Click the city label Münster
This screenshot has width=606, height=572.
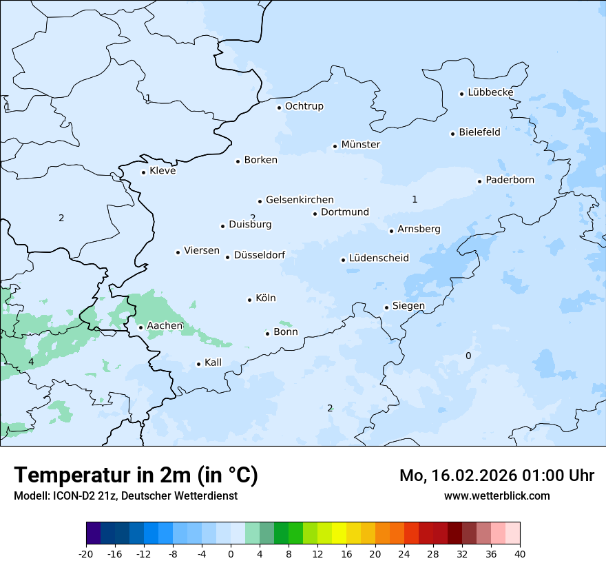click(360, 145)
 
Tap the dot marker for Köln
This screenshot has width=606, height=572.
click(249, 299)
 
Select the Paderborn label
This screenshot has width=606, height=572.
click(510, 180)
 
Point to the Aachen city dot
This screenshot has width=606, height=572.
click(140, 327)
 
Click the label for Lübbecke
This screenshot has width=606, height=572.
click(490, 92)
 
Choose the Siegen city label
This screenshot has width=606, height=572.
click(408, 306)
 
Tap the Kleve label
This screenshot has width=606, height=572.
click(163, 171)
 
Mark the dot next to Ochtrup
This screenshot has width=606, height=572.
click(279, 107)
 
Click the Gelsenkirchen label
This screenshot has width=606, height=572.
click(300, 200)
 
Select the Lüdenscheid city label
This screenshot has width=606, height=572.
click(379, 258)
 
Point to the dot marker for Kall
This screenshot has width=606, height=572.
click(198, 364)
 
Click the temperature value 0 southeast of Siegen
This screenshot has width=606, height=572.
click(468, 356)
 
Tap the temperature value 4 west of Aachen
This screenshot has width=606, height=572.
click(30, 362)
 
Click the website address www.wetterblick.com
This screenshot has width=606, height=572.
click(497, 496)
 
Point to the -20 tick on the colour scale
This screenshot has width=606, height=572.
click(86, 553)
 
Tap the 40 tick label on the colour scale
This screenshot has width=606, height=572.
click(520, 553)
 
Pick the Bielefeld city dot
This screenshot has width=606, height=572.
click(452, 134)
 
